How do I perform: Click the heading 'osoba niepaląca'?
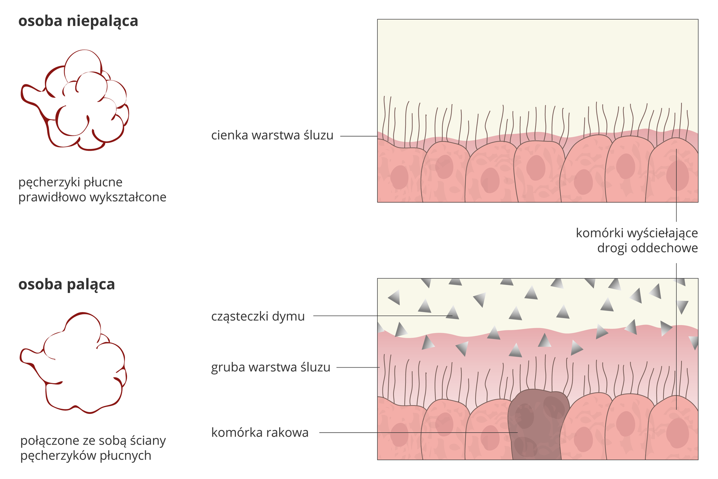coord(78,21)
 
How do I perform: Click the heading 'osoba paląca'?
coord(67,284)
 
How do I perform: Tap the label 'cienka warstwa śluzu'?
coord(272,135)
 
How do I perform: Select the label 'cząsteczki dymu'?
coord(258,317)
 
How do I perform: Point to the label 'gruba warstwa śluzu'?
coord(270,367)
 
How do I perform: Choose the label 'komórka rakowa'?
coord(260,433)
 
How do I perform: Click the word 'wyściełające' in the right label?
coord(662,233)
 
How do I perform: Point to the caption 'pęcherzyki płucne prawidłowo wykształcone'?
coord(92,190)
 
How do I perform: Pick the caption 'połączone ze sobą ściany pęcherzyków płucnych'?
coord(93,448)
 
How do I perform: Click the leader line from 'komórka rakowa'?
coord(411,433)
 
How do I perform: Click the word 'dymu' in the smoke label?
coord(288,317)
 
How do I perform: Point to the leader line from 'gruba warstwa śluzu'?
coord(358,367)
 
